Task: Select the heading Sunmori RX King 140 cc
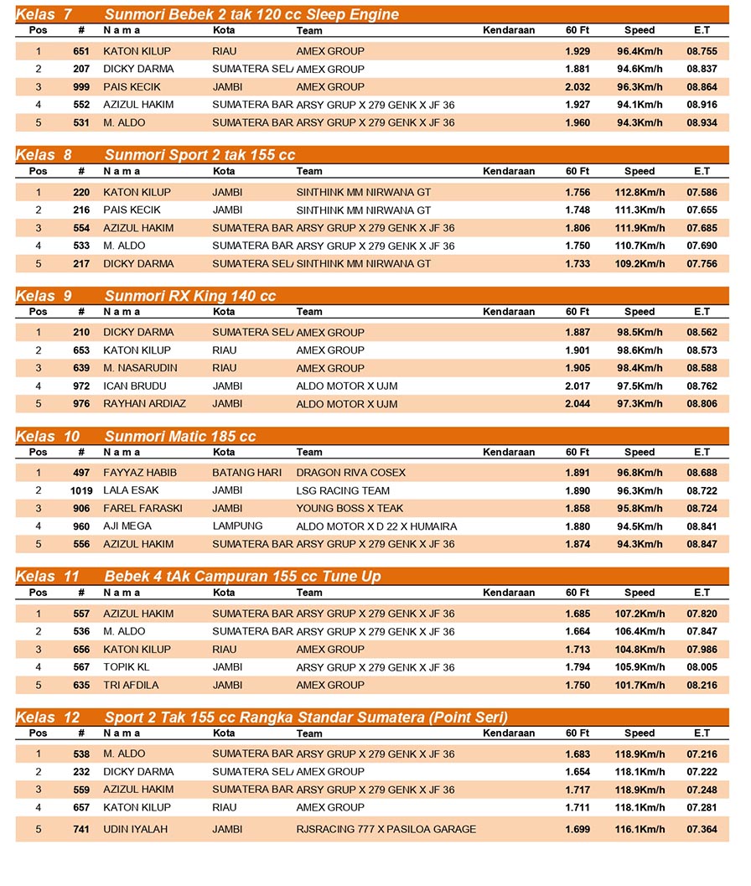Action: point(189,296)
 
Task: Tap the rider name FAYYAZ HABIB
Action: point(140,473)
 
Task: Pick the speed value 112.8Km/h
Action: point(640,192)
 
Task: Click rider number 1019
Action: point(81,490)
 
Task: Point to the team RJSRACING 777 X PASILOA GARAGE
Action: point(386,829)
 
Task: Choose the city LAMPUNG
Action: point(237,526)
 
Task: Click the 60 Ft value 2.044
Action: point(577,404)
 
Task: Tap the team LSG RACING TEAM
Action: point(343,490)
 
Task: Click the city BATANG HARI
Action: point(246,473)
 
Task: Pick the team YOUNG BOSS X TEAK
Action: point(350,508)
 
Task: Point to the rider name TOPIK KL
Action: point(127,667)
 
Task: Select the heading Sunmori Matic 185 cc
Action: point(180,437)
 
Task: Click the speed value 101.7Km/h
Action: point(640,685)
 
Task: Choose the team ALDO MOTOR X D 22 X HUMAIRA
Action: point(376,526)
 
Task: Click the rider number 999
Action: point(81,87)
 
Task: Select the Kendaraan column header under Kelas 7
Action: point(509,30)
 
